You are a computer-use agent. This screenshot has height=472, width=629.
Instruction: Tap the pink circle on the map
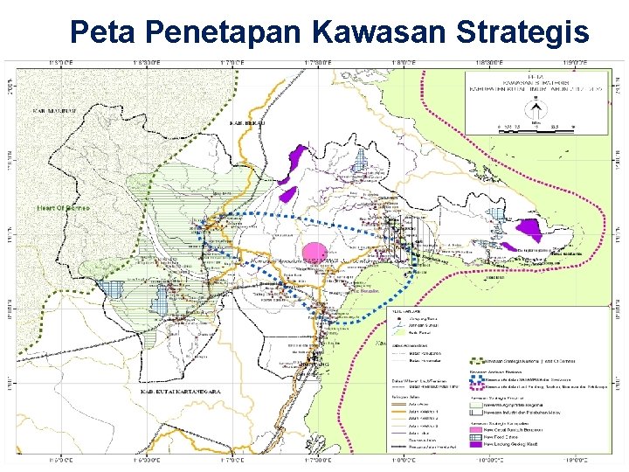pos(314,251)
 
